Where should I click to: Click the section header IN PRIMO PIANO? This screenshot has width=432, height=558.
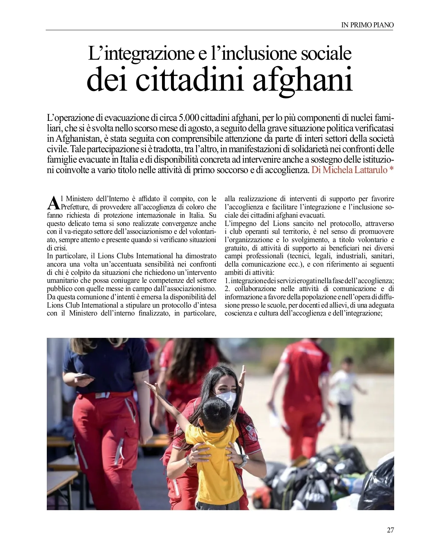[367, 25]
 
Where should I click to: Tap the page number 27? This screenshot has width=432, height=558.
[390, 530]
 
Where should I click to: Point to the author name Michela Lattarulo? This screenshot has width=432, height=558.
[354, 170]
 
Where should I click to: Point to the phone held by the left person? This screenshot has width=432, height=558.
[84, 377]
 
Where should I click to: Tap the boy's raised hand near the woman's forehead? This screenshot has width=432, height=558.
[242, 376]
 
